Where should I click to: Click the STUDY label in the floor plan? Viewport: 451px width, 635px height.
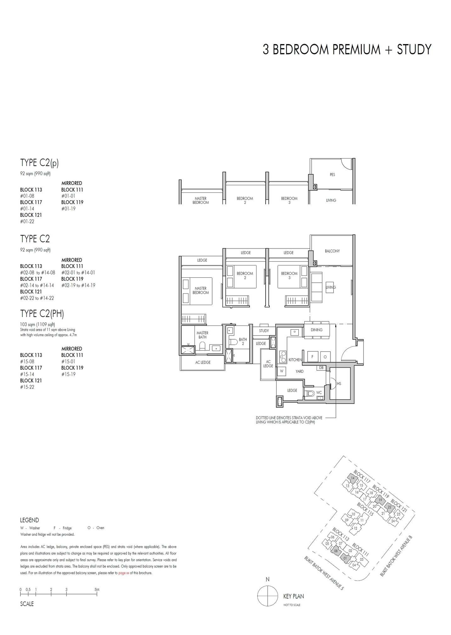264,331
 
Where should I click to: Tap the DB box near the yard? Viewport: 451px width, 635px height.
321,367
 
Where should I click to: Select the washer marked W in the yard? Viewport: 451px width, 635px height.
282,371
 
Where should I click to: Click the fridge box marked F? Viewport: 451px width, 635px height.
312,357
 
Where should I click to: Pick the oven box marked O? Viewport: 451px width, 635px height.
325,357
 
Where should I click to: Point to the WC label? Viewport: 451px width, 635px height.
319,393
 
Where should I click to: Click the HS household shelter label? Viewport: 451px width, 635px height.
339,384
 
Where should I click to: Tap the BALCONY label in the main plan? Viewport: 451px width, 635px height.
332,251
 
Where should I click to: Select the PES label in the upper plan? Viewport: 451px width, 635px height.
332,175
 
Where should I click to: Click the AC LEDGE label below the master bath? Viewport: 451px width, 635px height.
203,362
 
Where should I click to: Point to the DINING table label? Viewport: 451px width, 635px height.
316,330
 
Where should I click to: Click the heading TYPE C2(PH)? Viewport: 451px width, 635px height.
42,314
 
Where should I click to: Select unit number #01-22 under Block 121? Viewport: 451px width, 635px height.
27,221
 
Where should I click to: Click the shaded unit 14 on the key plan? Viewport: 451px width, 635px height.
352,478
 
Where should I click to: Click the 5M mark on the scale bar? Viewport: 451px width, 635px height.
97,590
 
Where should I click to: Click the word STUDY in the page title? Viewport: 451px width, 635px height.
414,50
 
